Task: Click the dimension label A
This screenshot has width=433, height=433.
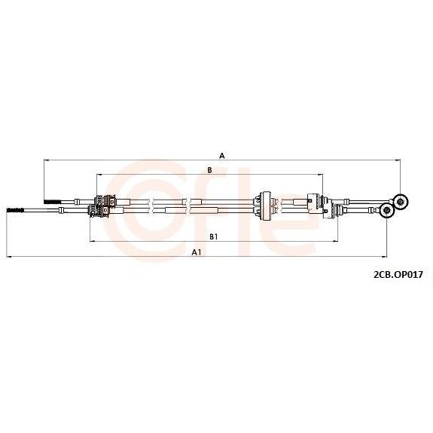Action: pyautogui.click(x=222, y=156)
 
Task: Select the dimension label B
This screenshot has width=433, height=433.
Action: pyautogui.click(x=209, y=170)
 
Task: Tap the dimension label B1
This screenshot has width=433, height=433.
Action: pyautogui.click(x=214, y=236)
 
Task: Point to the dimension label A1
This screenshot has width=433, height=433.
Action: pyautogui.click(x=197, y=252)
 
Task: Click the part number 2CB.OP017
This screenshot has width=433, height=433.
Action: pyautogui.click(x=398, y=275)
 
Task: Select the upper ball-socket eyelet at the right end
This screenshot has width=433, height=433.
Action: pyautogui.click(x=400, y=202)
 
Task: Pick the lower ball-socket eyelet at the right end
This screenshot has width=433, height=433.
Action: pyautogui.click(x=386, y=211)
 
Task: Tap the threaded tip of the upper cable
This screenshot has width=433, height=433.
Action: pyautogui.click(x=52, y=202)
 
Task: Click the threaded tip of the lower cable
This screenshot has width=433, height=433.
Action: pyautogui.click(x=16, y=210)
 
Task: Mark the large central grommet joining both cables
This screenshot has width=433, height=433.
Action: pyautogui.click(x=266, y=206)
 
